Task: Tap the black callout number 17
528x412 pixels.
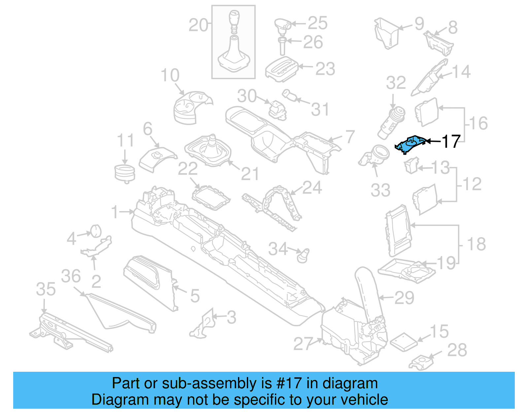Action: (451, 142)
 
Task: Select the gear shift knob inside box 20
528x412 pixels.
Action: (233, 21)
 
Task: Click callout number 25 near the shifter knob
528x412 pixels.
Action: (317, 23)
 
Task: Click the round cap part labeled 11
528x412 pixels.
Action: (125, 173)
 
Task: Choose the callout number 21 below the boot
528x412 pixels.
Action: (250, 174)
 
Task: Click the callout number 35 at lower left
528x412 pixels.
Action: (46, 289)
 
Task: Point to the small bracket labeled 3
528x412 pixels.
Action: (203, 325)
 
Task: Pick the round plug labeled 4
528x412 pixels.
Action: (96, 231)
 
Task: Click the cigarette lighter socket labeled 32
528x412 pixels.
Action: (392, 122)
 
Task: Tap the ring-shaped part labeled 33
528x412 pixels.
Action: (376, 155)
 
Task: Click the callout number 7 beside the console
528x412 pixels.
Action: (350, 137)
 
